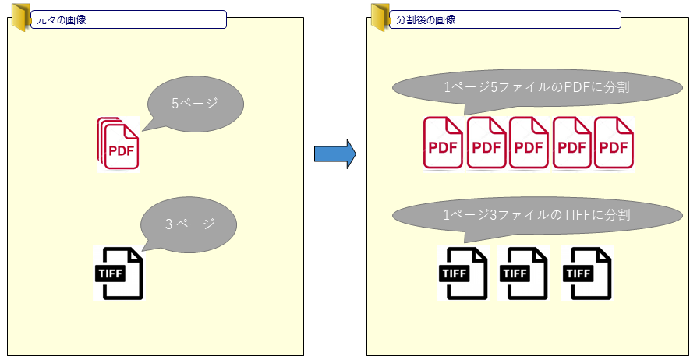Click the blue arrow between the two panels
[x=334, y=154]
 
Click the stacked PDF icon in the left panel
[x=119, y=143]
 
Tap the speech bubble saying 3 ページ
[x=188, y=224]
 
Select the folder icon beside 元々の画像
[x=19, y=17]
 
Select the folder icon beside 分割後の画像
[x=380, y=17]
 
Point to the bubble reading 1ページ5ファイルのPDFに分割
[x=536, y=89]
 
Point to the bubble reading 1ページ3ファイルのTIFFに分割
[x=536, y=214]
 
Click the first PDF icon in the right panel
[x=444, y=143]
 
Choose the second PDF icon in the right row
[x=486, y=143]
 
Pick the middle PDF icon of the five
[x=529, y=143]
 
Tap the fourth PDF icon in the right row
[x=572, y=143]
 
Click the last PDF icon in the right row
[x=614, y=143]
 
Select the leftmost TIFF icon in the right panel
[x=463, y=273]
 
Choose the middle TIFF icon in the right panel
[x=523, y=273]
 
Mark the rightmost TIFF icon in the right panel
[x=587, y=273]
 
